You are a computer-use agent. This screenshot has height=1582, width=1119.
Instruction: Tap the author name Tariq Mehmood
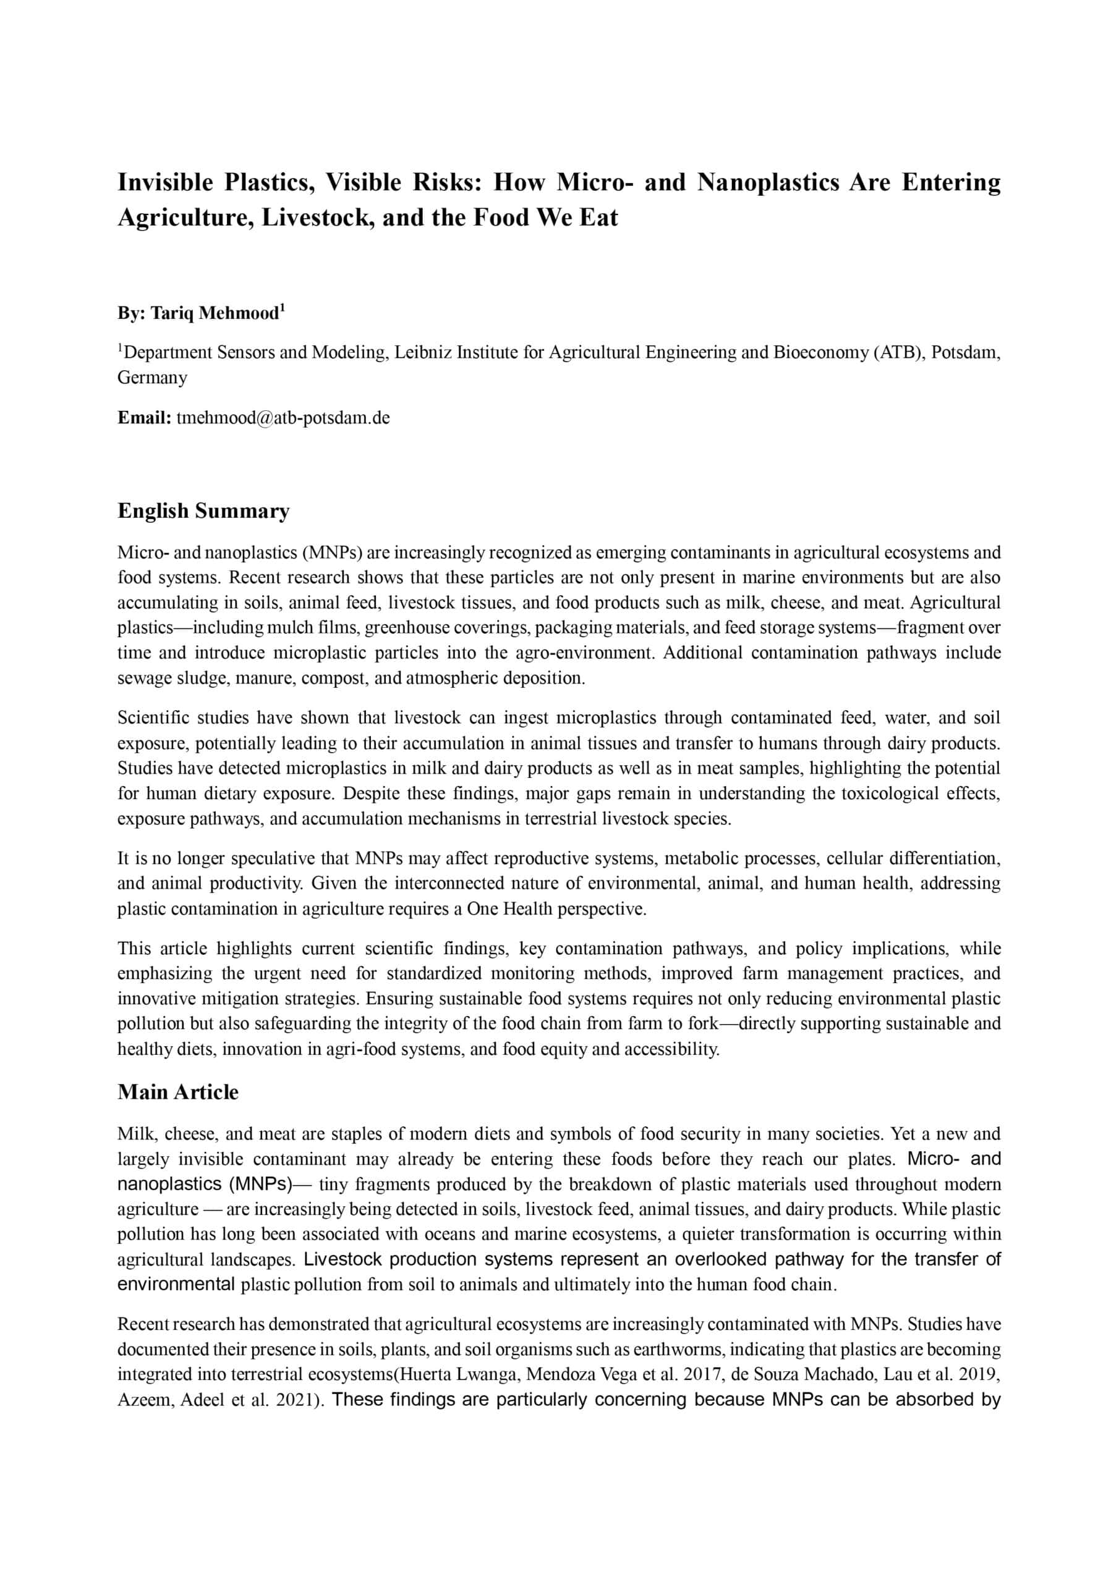point(215,313)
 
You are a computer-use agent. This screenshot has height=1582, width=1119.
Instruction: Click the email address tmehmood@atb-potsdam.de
point(283,418)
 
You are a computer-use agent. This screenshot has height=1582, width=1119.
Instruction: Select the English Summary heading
point(203,510)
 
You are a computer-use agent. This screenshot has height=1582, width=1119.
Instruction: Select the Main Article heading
point(178,1092)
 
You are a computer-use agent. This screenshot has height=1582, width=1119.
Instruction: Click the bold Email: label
point(144,418)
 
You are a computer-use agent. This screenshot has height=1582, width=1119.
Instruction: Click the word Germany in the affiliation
point(151,378)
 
